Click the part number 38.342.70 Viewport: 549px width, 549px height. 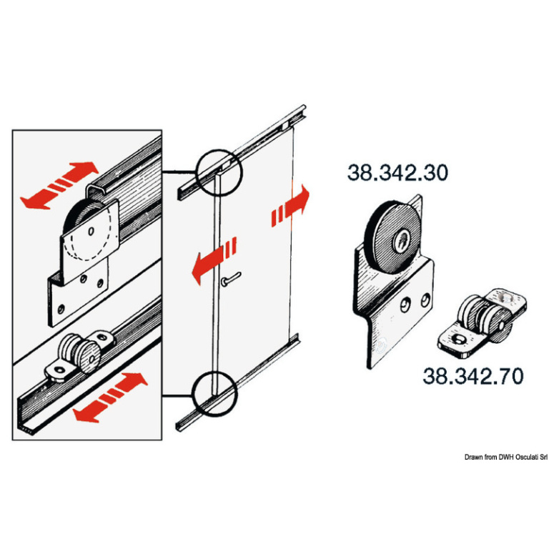click(473, 376)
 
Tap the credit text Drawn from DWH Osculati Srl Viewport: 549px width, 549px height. click(505, 457)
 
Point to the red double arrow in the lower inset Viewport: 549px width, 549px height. click(110, 397)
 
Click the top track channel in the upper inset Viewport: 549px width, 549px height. click(129, 179)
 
